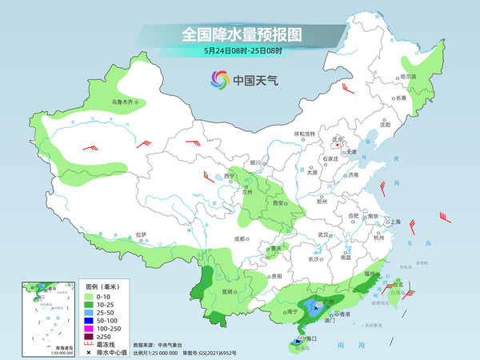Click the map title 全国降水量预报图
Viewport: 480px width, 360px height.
coord(240,34)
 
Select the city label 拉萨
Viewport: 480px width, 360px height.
coord(141,234)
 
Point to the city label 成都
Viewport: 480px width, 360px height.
coord(238,238)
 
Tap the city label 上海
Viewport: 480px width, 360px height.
coord(394,222)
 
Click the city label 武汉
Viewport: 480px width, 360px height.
coord(324,234)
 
